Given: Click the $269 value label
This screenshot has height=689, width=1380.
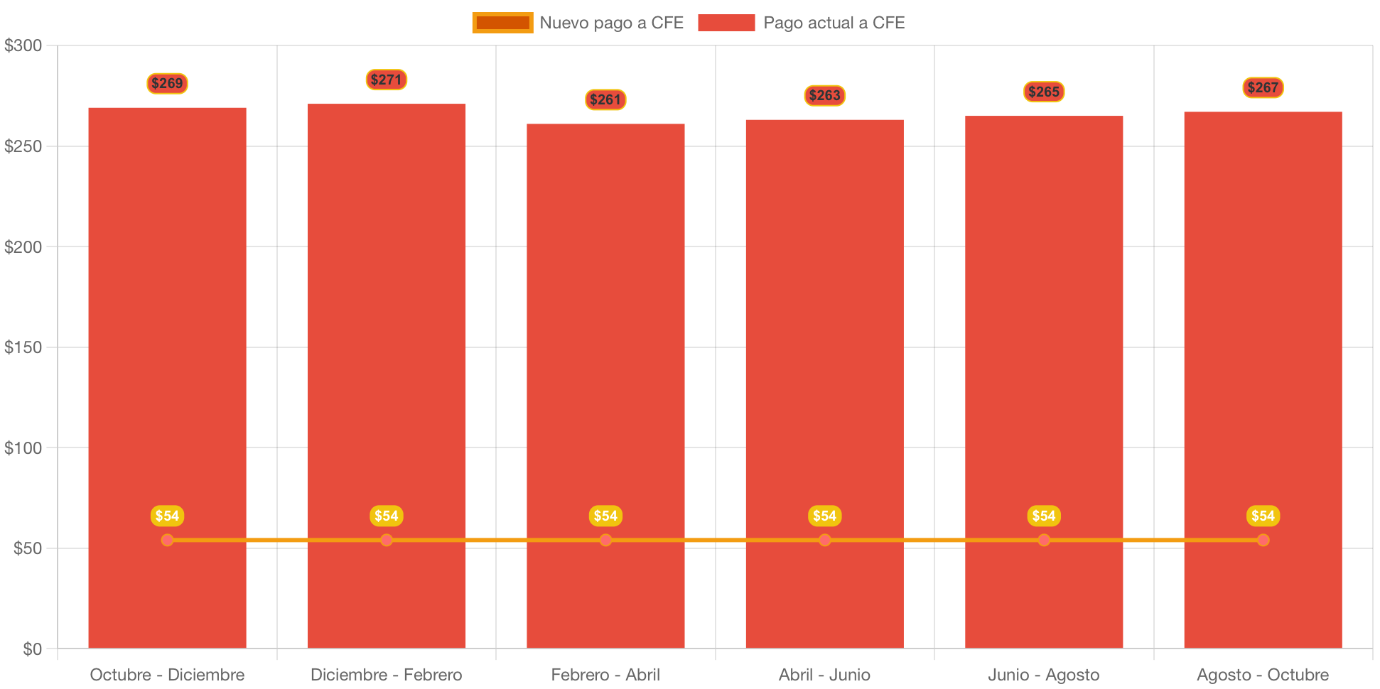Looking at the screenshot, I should (167, 83).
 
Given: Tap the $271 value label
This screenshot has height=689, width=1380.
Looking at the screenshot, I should (386, 80).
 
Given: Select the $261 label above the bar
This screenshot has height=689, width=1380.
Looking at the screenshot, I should (605, 99).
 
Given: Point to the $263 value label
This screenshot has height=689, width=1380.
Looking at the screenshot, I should (824, 95).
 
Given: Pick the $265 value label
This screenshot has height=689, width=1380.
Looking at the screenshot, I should (1044, 92).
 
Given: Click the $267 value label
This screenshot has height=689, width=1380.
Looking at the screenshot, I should (1263, 87).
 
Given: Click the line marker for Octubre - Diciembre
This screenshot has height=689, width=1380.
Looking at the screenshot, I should (167, 540).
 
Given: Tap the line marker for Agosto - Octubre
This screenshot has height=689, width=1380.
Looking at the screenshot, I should (1263, 540).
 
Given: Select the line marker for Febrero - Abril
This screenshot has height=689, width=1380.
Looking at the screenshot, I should (605, 540).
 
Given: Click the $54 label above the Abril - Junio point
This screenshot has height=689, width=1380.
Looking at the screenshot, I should (824, 516).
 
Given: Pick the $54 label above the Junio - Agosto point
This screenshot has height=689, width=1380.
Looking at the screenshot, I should (1044, 516).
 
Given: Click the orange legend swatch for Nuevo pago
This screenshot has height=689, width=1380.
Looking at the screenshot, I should (502, 23).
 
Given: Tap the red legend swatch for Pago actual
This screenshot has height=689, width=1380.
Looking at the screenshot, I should (726, 23).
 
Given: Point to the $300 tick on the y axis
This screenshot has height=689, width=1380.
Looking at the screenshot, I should (23, 45).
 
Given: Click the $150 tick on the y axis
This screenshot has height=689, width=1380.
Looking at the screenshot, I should (23, 347).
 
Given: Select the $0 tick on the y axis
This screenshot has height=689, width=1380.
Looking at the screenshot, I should (32, 649).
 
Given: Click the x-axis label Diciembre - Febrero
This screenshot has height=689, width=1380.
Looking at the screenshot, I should (386, 675).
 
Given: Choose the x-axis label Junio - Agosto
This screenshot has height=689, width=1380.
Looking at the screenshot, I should (1044, 675).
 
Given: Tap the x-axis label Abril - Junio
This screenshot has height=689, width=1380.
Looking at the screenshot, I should (824, 675).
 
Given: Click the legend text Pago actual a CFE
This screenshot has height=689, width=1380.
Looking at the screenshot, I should (834, 23).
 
